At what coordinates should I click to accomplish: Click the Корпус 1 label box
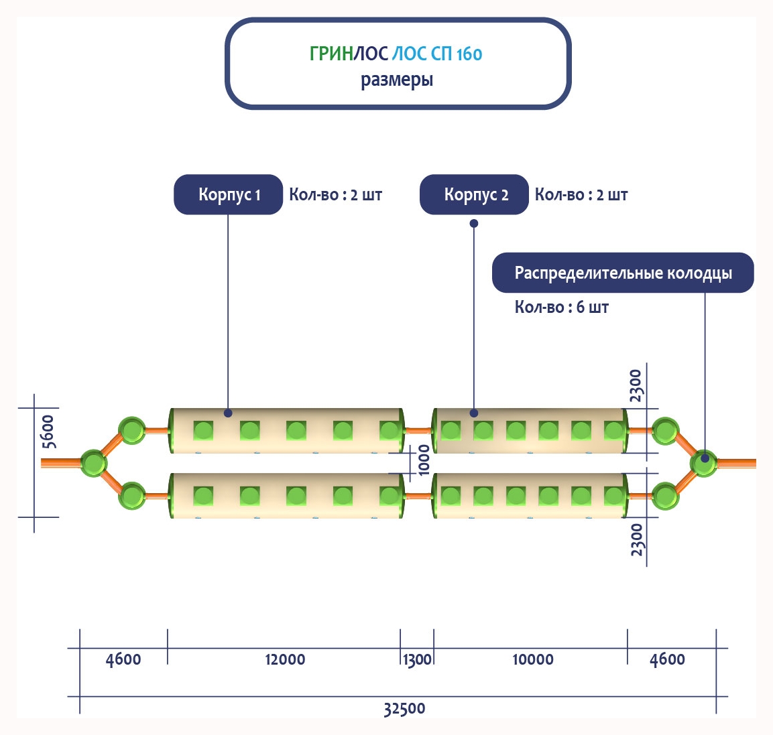228,195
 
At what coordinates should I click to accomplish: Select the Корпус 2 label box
474,195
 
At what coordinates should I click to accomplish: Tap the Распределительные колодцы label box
623,273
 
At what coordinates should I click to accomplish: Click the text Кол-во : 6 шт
562,308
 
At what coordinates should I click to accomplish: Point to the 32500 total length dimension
404,709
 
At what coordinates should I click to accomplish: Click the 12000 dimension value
285,659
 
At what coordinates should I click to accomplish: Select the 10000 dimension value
533,659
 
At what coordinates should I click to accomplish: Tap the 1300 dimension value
417,659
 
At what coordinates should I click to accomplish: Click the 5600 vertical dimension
48,431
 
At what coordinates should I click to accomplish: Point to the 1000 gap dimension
424,460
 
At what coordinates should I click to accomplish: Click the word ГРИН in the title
331,54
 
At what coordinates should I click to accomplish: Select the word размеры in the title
397,80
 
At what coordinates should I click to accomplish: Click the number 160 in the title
469,54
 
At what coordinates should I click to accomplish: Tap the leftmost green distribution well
93,462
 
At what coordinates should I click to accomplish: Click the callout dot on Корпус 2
474,413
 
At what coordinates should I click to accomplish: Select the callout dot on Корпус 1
228,413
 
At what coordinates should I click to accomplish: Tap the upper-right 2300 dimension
636,385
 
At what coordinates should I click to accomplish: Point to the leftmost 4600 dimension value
123,659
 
